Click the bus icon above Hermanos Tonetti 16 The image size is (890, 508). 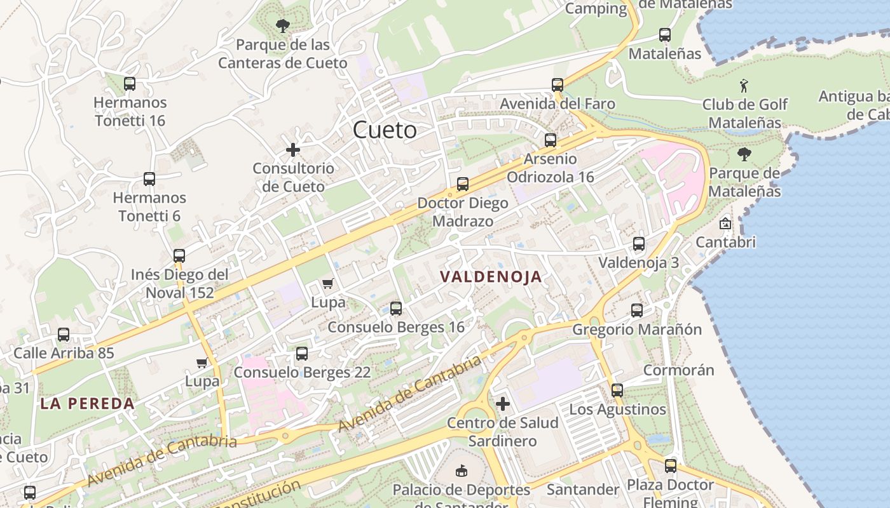point(130,83)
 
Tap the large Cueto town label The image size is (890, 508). point(385,130)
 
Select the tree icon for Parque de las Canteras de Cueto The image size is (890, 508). point(283,26)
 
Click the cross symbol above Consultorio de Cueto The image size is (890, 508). point(293,150)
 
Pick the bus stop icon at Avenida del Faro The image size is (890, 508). point(558,84)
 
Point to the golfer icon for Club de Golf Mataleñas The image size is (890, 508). point(744,85)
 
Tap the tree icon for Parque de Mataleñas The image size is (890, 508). point(744,154)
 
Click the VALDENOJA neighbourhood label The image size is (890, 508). point(491,276)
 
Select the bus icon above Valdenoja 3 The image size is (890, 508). point(639,243)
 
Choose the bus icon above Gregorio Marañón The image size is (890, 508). point(637,310)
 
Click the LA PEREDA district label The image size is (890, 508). point(87,403)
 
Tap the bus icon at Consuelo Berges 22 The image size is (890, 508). point(302,353)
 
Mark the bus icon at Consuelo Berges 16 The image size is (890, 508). point(396,309)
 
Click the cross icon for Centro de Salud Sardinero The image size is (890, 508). point(503,403)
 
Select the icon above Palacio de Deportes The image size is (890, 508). point(462,471)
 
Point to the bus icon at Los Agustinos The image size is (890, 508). point(617,390)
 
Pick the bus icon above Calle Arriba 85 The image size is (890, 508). point(64,334)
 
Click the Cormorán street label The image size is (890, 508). point(678,370)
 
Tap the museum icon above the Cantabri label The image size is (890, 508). point(725,224)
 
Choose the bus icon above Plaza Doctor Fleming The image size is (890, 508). point(671,465)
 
